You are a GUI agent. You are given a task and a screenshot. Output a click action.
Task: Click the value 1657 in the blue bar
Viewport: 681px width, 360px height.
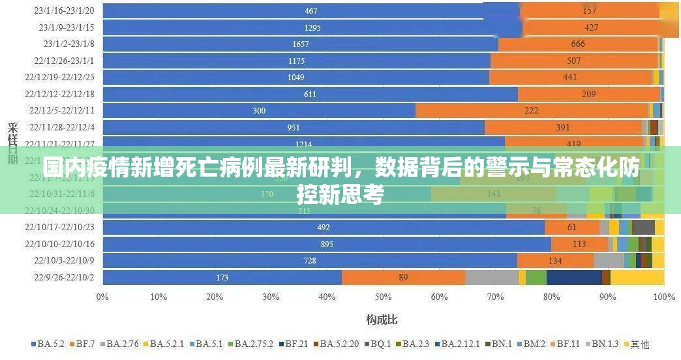(x=301, y=44)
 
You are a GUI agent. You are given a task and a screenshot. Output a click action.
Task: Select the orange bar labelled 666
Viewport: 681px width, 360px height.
(x=578, y=44)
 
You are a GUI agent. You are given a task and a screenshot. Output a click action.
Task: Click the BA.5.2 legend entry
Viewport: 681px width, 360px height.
(x=49, y=344)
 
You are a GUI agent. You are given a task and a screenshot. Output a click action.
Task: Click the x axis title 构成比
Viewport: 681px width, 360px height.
(x=382, y=320)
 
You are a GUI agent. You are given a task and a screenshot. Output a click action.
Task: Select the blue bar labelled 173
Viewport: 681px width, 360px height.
(x=222, y=278)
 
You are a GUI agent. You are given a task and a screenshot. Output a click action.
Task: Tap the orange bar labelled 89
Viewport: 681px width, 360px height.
(x=403, y=278)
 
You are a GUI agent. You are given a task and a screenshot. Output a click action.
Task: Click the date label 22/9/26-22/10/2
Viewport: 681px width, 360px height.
(x=64, y=278)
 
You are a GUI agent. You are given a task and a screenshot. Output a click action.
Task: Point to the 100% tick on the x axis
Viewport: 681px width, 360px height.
(x=663, y=297)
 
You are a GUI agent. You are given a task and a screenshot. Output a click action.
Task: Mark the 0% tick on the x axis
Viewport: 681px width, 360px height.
(x=102, y=297)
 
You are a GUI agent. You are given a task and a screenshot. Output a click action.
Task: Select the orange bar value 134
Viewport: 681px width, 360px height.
(x=555, y=261)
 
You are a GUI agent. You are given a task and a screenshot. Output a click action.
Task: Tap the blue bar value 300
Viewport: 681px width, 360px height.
(x=259, y=111)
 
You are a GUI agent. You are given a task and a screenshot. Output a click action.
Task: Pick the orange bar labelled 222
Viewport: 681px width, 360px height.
(x=531, y=111)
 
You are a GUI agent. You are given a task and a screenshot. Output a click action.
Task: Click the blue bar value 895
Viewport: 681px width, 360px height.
(x=327, y=244)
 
